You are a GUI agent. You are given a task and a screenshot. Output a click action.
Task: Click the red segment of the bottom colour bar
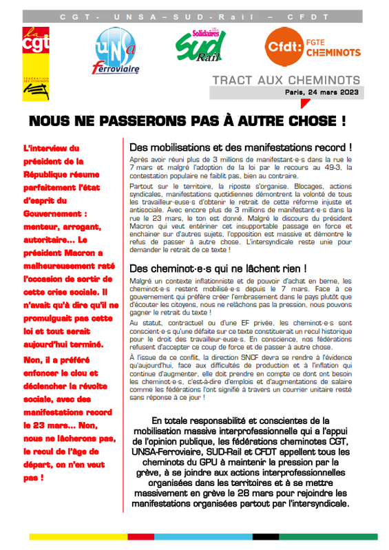point(143,537)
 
